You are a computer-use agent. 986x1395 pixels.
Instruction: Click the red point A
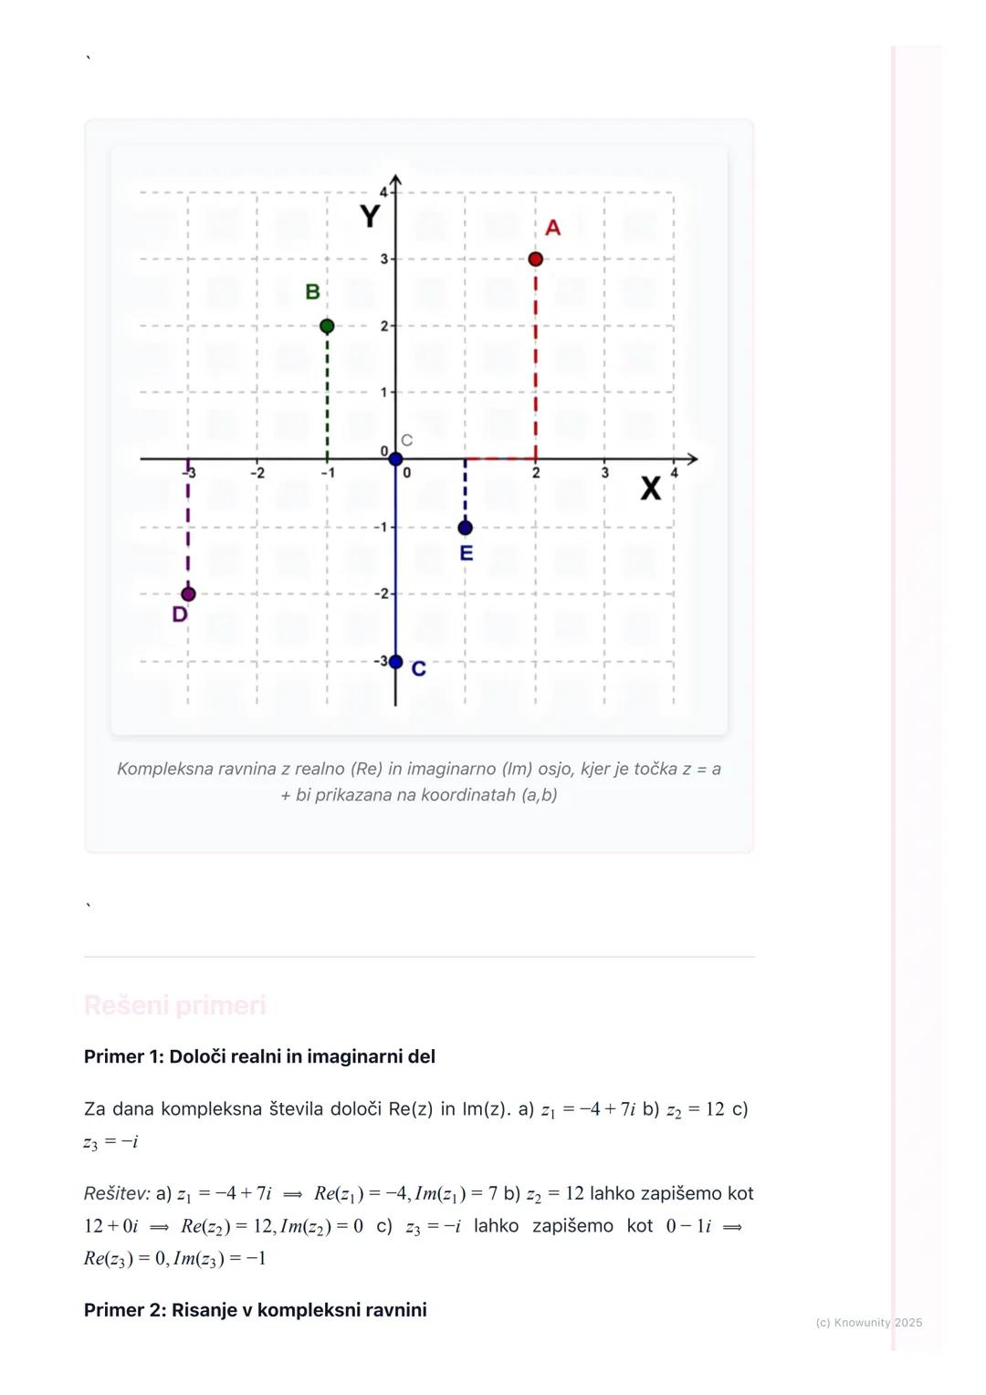pos(535,259)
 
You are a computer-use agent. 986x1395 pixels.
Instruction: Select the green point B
pos(327,326)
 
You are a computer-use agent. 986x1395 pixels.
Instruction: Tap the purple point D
pos(188,594)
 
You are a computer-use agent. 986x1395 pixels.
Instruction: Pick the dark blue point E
pos(466,528)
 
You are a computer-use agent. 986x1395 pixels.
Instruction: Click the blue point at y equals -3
pos(395,662)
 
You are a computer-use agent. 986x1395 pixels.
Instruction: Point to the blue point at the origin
pos(395,459)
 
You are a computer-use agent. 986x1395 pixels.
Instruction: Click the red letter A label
pos(552,228)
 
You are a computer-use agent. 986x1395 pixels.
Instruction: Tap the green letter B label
pos(312,292)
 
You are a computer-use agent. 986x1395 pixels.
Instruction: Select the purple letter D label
pos(180,614)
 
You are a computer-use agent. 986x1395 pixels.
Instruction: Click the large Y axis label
pos(370,217)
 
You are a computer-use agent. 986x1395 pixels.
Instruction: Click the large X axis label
pos(650,489)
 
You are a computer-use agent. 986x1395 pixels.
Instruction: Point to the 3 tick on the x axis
pos(604,473)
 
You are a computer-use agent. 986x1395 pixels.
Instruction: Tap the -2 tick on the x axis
pos(257,473)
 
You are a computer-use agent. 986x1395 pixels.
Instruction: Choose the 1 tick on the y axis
pos(384,393)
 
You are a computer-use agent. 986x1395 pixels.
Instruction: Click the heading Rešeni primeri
pos(174,1005)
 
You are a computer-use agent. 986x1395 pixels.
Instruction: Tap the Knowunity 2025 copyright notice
pos(868,1322)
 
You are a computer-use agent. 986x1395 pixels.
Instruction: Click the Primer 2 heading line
pos(255,1310)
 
